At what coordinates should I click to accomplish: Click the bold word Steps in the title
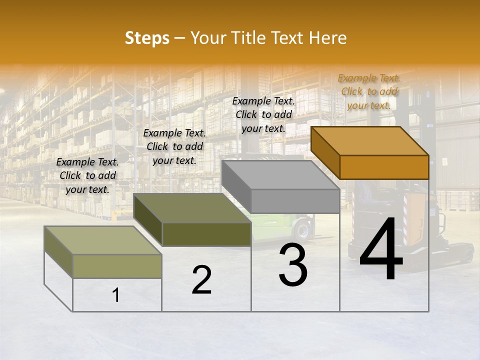click(x=147, y=38)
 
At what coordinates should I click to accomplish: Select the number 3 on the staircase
click(x=293, y=265)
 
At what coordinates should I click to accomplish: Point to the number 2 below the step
click(x=201, y=280)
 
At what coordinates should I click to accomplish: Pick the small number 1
click(x=116, y=295)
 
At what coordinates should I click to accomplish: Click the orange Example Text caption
click(x=369, y=91)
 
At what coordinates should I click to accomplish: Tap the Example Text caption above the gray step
click(x=263, y=114)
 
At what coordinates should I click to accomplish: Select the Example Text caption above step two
click(x=174, y=146)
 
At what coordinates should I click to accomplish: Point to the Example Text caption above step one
click(x=87, y=175)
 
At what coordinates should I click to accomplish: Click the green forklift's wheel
click(x=302, y=231)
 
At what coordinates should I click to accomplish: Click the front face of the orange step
click(x=384, y=167)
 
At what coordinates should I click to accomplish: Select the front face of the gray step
click(x=295, y=201)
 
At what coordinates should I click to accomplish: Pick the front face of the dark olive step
click(x=206, y=234)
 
